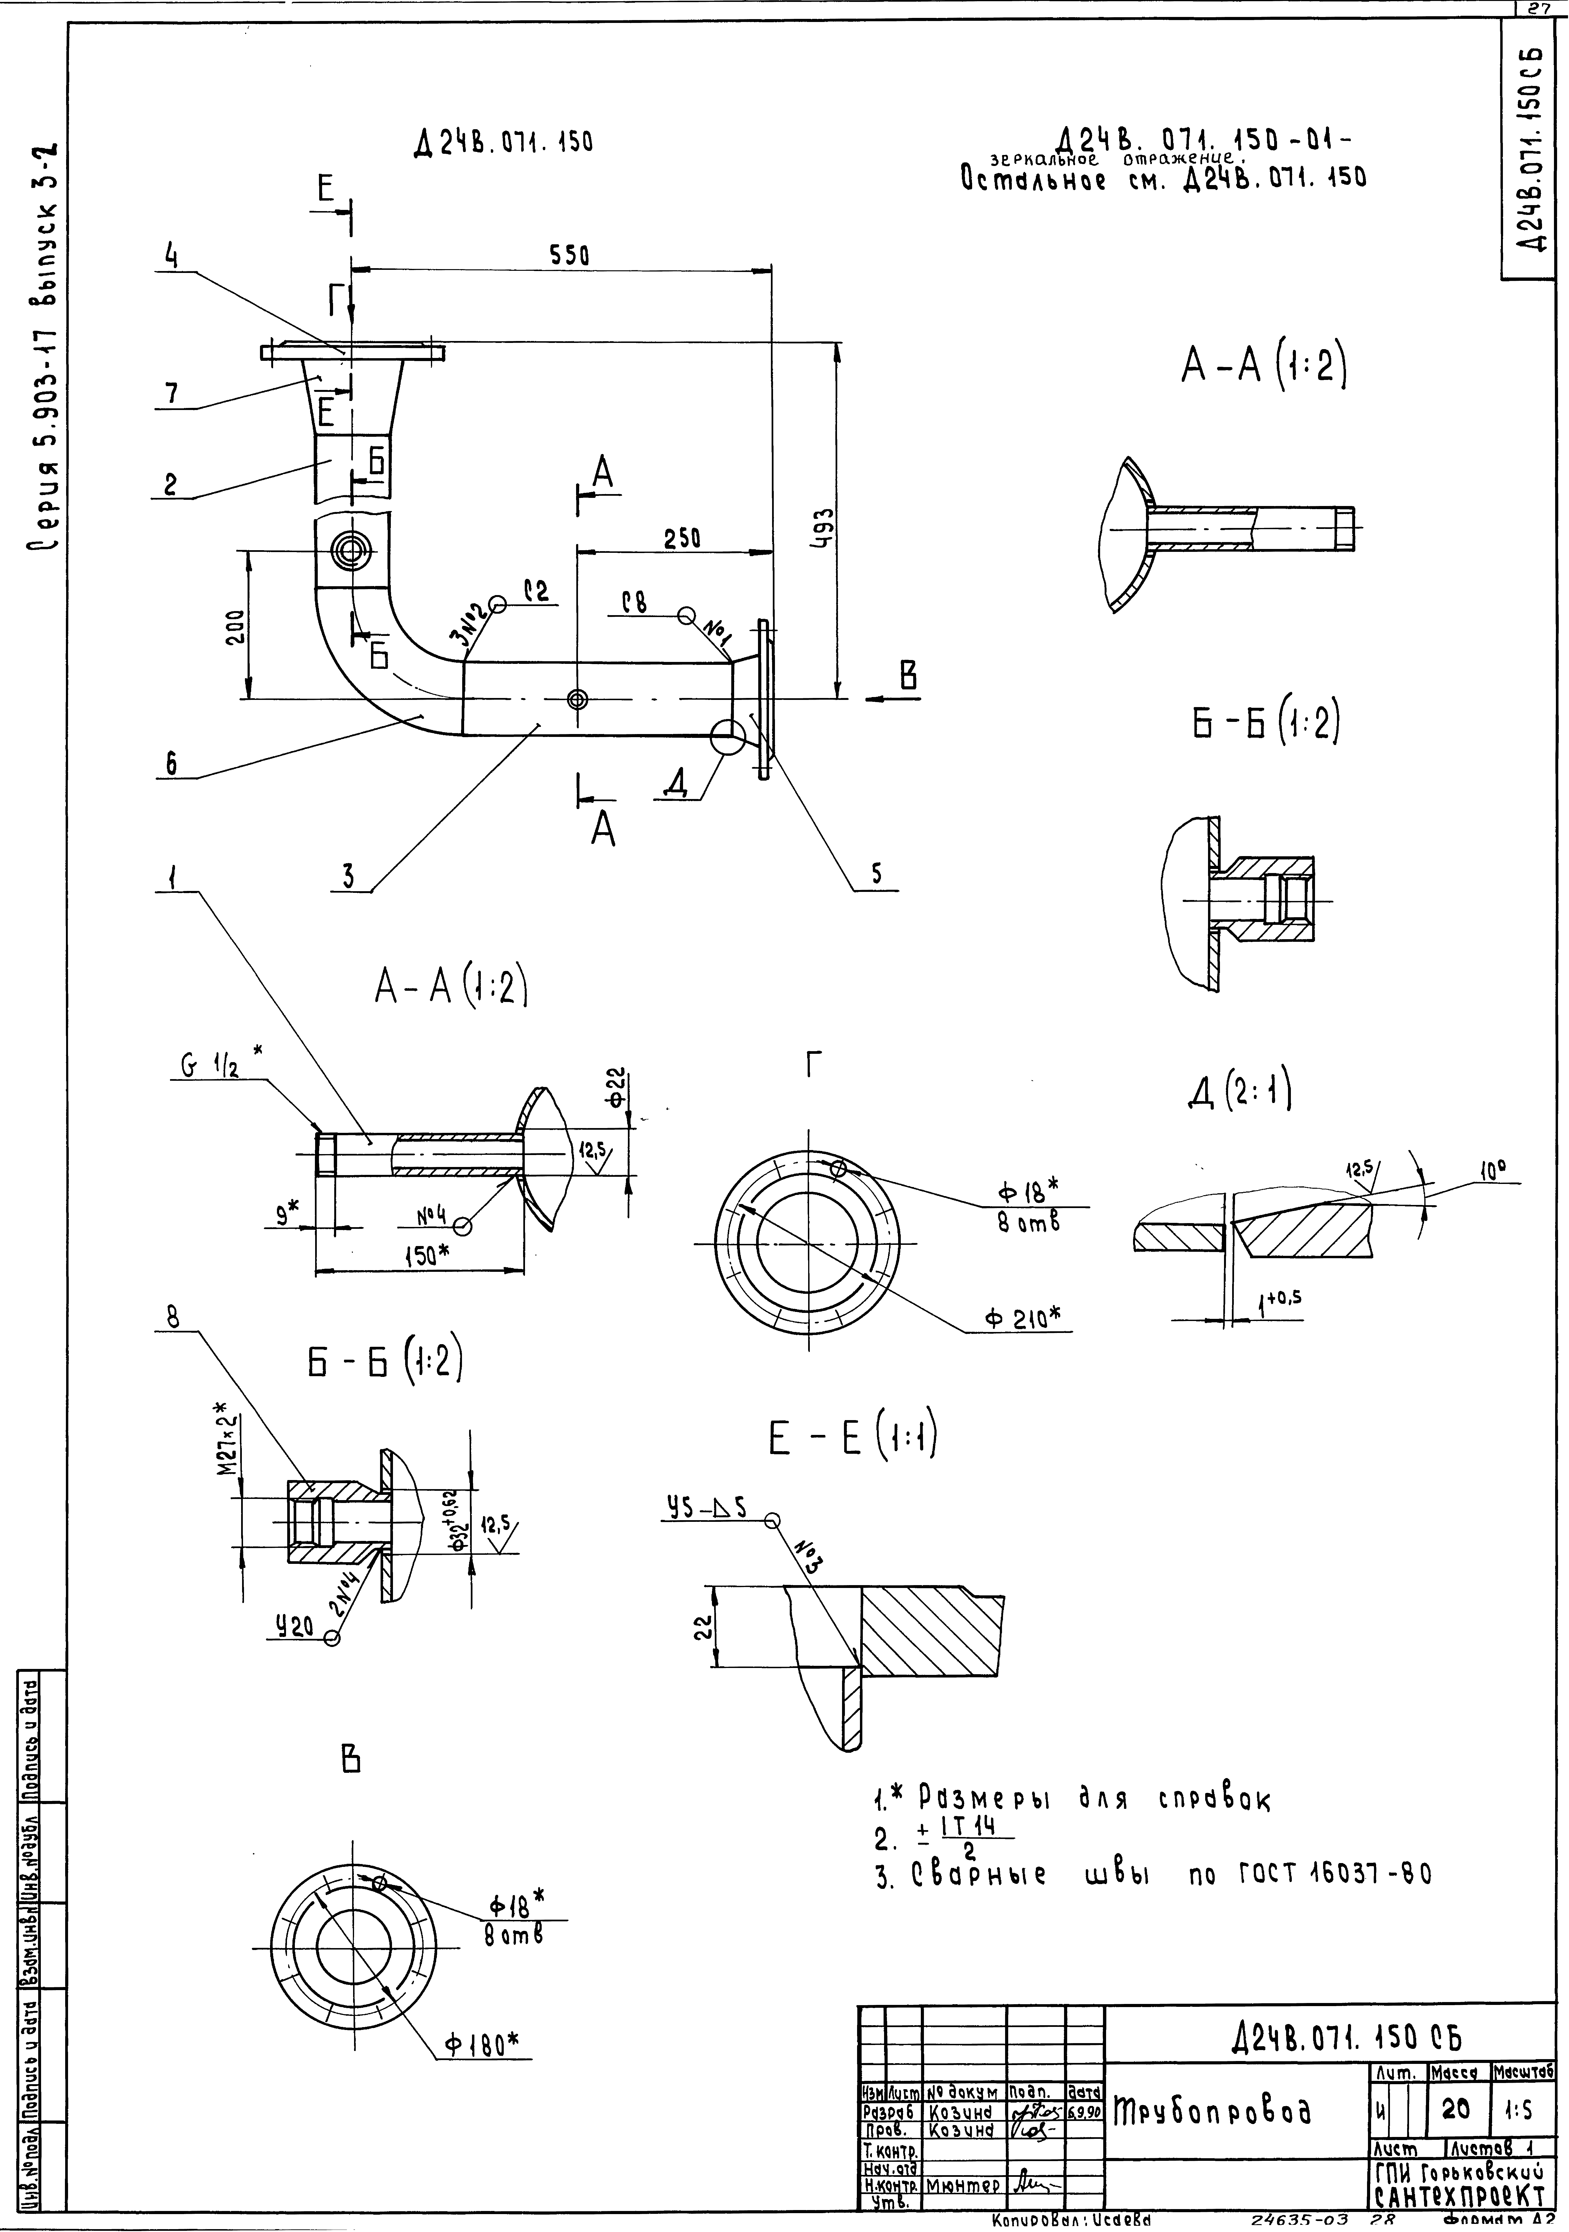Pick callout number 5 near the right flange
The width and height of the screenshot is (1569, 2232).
pyautogui.click(x=876, y=874)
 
